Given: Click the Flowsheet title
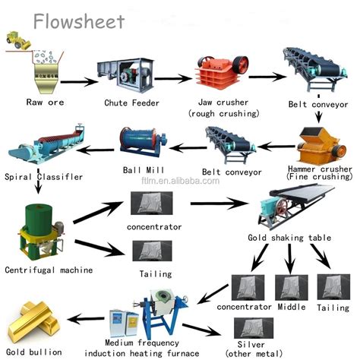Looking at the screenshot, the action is click(x=79, y=21).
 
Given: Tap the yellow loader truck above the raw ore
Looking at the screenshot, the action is click(x=17, y=40).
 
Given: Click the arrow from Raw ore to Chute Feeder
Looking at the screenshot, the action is click(x=79, y=82).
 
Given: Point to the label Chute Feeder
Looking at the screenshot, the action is click(x=131, y=103).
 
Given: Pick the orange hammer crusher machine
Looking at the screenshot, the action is click(x=321, y=146).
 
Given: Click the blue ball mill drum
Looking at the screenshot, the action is click(x=142, y=142).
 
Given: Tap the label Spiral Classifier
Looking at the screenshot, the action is click(x=43, y=176).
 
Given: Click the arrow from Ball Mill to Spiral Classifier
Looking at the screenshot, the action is click(x=96, y=150).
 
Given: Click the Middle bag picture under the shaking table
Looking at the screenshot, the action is click(x=292, y=287).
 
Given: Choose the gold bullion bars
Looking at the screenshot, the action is click(x=33, y=322).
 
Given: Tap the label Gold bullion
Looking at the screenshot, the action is click(x=34, y=352).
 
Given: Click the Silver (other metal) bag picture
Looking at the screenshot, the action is click(x=254, y=328).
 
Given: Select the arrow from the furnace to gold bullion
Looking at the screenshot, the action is click(x=86, y=318).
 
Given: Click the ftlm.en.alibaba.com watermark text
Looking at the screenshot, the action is click(x=181, y=181).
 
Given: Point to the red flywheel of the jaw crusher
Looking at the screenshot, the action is click(x=241, y=64).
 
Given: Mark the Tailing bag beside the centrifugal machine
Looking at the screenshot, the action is click(x=153, y=251).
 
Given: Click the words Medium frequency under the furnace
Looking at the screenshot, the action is click(x=142, y=343).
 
